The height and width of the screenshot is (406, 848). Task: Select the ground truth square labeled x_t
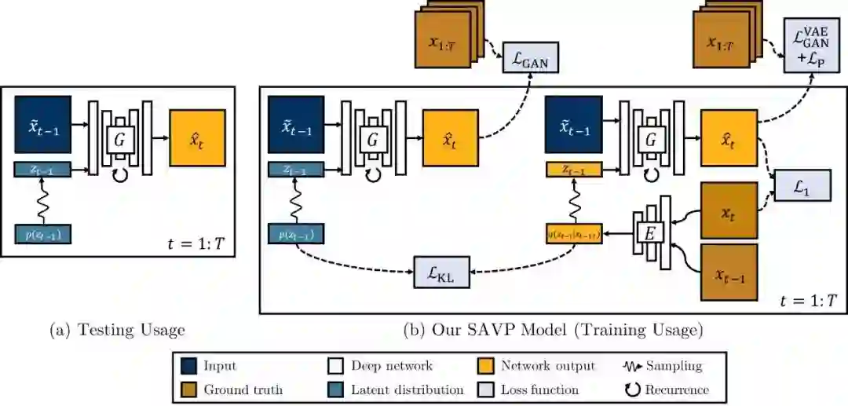click(x=729, y=211)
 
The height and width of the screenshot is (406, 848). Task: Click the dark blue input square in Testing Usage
click(x=42, y=125)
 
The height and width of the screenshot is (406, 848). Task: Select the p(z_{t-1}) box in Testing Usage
click(x=43, y=233)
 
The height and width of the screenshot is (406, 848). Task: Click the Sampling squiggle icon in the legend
click(x=632, y=366)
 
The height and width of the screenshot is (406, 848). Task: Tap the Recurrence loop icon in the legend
click(x=632, y=390)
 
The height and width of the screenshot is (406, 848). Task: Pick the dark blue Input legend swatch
click(x=188, y=366)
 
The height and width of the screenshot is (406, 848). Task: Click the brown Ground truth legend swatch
click(x=188, y=390)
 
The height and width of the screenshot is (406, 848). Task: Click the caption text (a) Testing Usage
click(x=118, y=331)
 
